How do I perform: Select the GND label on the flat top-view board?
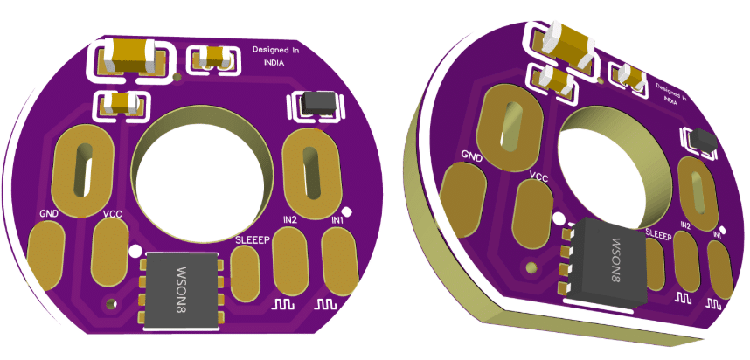(x=49, y=214)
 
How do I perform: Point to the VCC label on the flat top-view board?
(x=112, y=213)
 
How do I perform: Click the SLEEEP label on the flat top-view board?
(x=253, y=239)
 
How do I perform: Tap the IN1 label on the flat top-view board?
(x=337, y=220)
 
